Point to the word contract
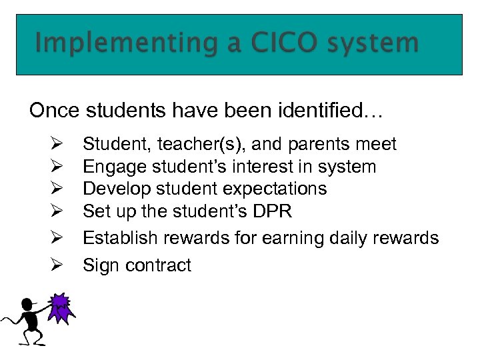157,265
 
